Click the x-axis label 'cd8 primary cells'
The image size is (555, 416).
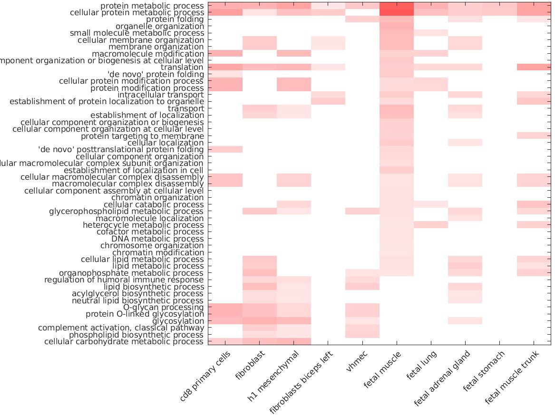(205, 376)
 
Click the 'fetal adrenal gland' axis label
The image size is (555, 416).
(442, 378)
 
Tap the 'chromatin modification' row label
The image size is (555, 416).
(158, 252)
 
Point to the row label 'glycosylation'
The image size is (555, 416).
(178, 321)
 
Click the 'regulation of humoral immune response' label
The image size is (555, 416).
(124, 280)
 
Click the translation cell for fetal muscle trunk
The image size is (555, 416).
(534, 68)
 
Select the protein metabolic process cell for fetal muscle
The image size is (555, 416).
(397, 6)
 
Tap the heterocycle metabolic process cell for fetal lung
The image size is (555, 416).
(430, 225)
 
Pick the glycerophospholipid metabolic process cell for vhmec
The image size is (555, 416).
(362, 211)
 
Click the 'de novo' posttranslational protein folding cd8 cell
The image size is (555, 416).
(225, 149)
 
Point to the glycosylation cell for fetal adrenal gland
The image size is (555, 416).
(465, 321)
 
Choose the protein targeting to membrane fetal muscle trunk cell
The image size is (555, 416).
(534, 136)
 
